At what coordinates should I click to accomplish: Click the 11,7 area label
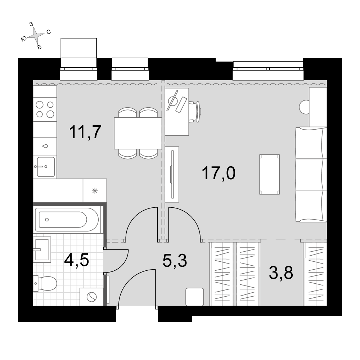85,132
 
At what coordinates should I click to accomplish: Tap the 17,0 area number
219,174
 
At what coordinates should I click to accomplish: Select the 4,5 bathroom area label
76,260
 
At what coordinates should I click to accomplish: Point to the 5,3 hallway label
175,261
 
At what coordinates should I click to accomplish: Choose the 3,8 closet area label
281,273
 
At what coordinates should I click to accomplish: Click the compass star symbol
36,35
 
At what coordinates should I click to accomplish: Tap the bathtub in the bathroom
67,220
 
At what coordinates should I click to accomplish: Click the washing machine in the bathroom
91,297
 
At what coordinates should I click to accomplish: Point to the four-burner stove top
45,109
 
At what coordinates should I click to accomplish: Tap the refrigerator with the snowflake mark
95,190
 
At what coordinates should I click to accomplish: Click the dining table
138,133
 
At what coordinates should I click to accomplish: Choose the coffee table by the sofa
270,175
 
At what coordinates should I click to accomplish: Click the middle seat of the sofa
311,175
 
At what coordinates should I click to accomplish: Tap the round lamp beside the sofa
305,107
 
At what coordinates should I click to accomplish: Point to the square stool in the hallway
195,297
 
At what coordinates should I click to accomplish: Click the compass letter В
39,47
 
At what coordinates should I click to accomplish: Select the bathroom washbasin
42,249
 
